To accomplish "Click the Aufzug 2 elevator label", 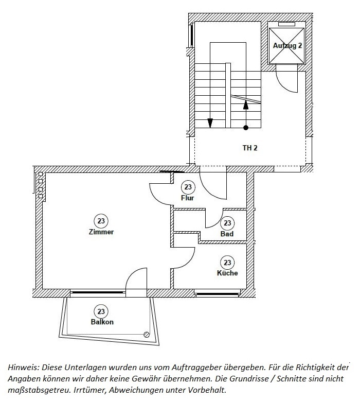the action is pyautogui.click(x=287, y=45).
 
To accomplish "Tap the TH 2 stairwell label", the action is pyautogui.click(x=250, y=148).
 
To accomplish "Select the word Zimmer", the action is pyautogui.click(x=101, y=232).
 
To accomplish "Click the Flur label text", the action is pyautogui.click(x=188, y=198).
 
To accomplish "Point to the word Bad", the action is pyautogui.click(x=227, y=234).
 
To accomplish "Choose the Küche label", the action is pyautogui.click(x=227, y=273).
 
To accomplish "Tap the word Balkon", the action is pyautogui.click(x=102, y=322).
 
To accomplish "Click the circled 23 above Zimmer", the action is pyautogui.click(x=101, y=221).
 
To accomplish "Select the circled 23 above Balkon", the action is pyautogui.click(x=101, y=311).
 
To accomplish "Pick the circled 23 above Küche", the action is pyautogui.click(x=227, y=263).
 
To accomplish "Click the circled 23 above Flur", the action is pyautogui.click(x=188, y=187).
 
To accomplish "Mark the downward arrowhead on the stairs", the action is pyautogui.click(x=210, y=123).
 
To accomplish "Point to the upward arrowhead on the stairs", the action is pyautogui.click(x=246, y=104).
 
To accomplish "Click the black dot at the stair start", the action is pyautogui.click(x=246, y=128).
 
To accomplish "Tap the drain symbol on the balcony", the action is pyautogui.click(x=147, y=335).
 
